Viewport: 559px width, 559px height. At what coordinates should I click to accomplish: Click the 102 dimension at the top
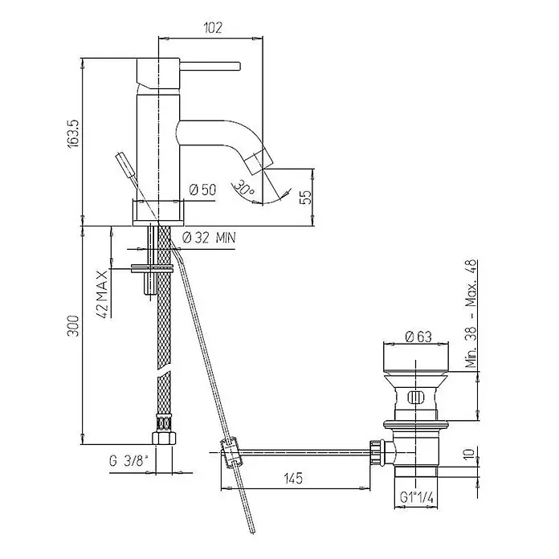[213, 27]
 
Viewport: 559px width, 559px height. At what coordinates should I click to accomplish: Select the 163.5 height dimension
[74, 133]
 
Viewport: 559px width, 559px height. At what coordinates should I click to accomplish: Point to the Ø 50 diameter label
[202, 190]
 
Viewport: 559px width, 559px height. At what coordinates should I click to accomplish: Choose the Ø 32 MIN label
[210, 238]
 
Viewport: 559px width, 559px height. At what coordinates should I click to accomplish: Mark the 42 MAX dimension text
[102, 294]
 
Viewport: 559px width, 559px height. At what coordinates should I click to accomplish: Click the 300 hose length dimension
[74, 325]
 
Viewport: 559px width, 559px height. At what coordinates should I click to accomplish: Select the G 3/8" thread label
[129, 461]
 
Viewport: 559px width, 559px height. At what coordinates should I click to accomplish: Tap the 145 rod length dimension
[293, 478]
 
